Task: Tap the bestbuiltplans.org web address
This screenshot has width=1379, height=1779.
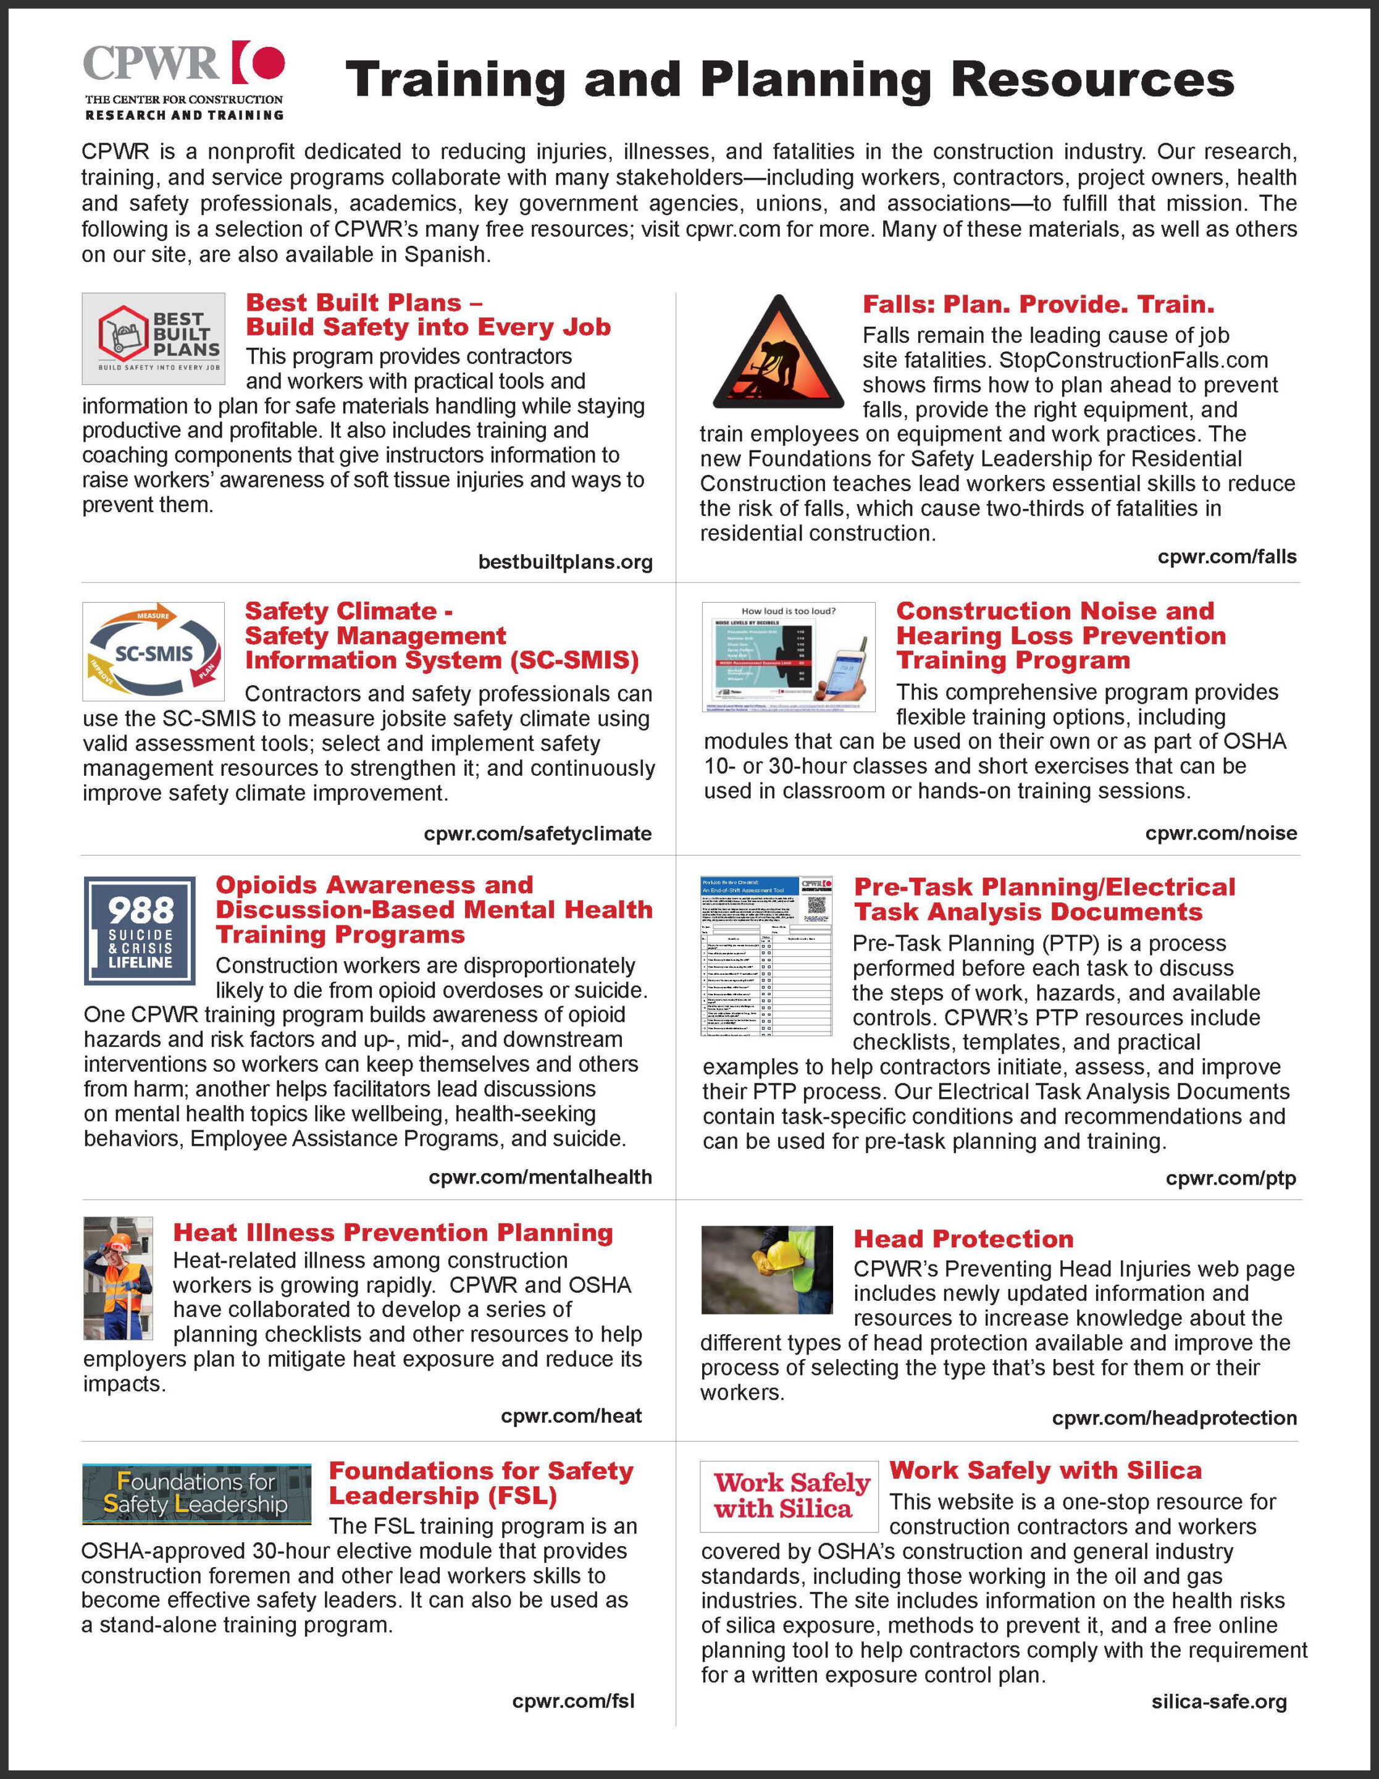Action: tap(565, 562)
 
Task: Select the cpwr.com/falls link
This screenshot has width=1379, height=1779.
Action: tap(1226, 557)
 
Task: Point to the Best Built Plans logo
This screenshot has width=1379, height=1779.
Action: tap(153, 339)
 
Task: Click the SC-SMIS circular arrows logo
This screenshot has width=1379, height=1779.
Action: tap(154, 652)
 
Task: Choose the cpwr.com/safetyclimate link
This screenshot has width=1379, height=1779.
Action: tap(538, 833)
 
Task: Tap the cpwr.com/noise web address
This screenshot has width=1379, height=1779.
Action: tap(1221, 833)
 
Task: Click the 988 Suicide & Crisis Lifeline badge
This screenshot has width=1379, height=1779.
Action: tap(140, 930)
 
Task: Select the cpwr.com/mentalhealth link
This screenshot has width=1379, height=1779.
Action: tap(540, 1176)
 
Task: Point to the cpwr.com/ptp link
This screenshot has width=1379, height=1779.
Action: tap(1231, 1178)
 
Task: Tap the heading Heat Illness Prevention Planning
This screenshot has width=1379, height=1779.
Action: tap(393, 1232)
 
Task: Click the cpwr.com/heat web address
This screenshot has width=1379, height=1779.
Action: tap(571, 1416)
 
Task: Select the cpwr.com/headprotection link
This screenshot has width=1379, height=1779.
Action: tap(1174, 1418)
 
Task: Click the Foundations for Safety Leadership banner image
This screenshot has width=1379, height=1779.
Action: tap(196, 1493)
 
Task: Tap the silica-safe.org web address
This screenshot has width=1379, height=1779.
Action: tap(1218, 1702)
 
